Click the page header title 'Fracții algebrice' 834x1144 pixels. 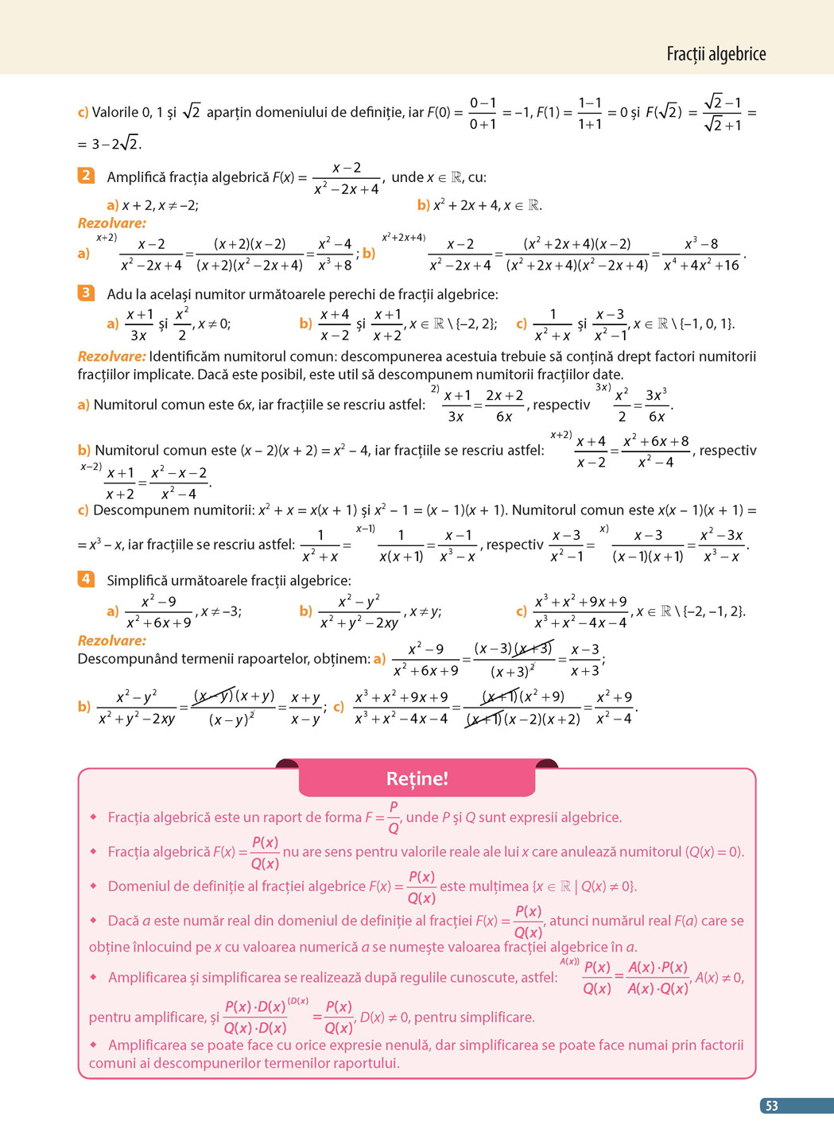716,54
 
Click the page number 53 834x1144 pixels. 771,1106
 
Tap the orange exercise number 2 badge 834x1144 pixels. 86,175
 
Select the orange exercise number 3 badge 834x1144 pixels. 86,293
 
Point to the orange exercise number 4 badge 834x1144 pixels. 86,579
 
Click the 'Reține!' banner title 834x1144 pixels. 417,778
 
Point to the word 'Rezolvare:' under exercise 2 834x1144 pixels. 112,223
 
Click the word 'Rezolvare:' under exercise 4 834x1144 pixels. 112,641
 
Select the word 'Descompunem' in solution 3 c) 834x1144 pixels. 138,510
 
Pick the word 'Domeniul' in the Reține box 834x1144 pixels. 135,886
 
